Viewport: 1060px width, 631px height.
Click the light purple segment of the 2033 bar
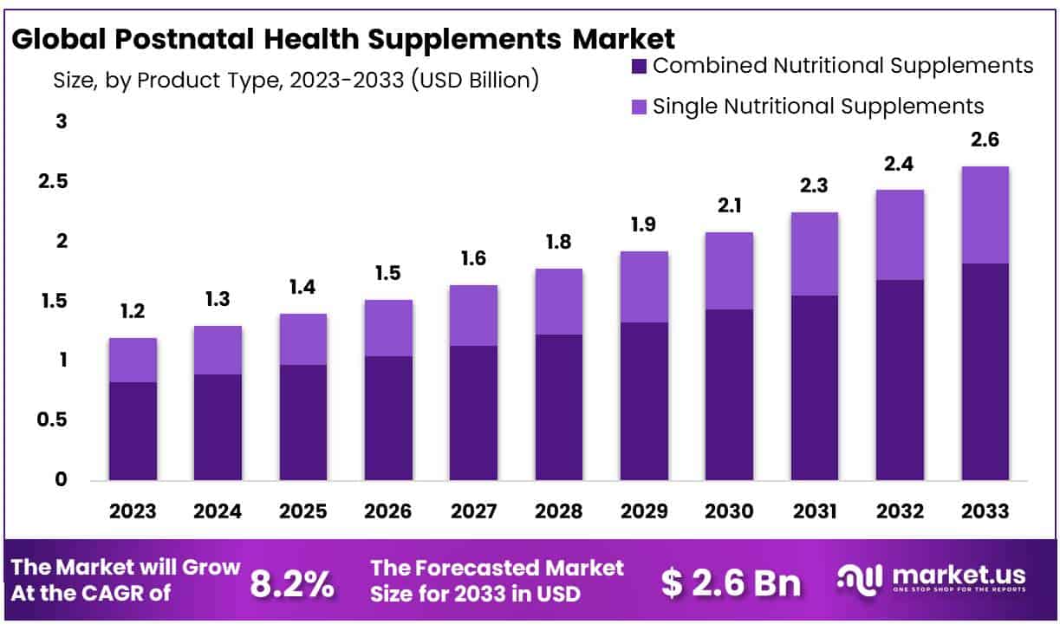coord(985,215)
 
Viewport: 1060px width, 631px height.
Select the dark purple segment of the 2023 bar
coord(133,431)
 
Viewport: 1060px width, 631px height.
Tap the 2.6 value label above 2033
coord(985,140)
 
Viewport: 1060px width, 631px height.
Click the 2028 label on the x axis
coord(559,511)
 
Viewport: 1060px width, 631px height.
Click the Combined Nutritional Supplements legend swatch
coord(640,67)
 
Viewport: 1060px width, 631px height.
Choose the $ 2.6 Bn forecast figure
coord(731,583)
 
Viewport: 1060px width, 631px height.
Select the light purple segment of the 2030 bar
coord(729,270)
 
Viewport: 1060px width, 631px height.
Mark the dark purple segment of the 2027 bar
coord(474,413)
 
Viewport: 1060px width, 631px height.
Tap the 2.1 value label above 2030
coord(729,207)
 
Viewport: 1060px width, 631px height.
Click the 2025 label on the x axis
coord(303,511)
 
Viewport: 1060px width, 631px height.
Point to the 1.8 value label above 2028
coord(559,244)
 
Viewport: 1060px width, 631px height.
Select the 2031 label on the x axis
coord(814,511)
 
